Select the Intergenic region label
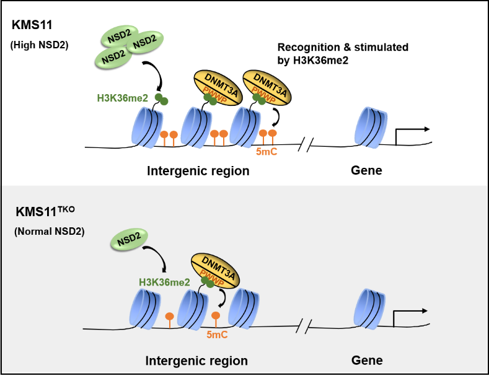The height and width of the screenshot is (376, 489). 196,361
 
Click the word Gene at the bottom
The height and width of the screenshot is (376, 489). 367,361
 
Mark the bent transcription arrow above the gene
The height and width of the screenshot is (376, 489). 409,315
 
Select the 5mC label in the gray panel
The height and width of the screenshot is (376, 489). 218,335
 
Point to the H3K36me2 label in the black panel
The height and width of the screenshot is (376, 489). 122,98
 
